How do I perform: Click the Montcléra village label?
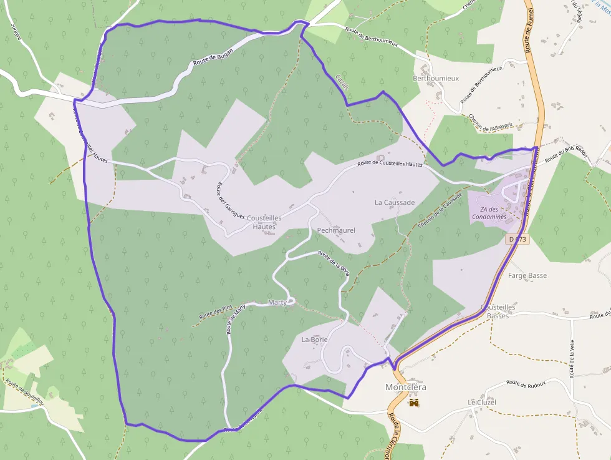tap(406, 387)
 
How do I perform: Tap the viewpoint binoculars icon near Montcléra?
tap(413, 402)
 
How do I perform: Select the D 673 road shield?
tap(517, 239)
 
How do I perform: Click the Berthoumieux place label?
tap(436, 78)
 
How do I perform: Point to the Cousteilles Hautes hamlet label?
tap(264, 222)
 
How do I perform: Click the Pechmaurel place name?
tap(336, 230)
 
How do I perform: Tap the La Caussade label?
tap(395, 203)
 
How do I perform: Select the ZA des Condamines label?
tap(489, 213)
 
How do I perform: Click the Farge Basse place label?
tap(527, 275)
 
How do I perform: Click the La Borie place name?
tap(314, 340)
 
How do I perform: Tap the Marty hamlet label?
tap(276, 303)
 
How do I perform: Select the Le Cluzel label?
tap(482, 402)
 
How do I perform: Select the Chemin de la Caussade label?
tap(440, 208)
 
